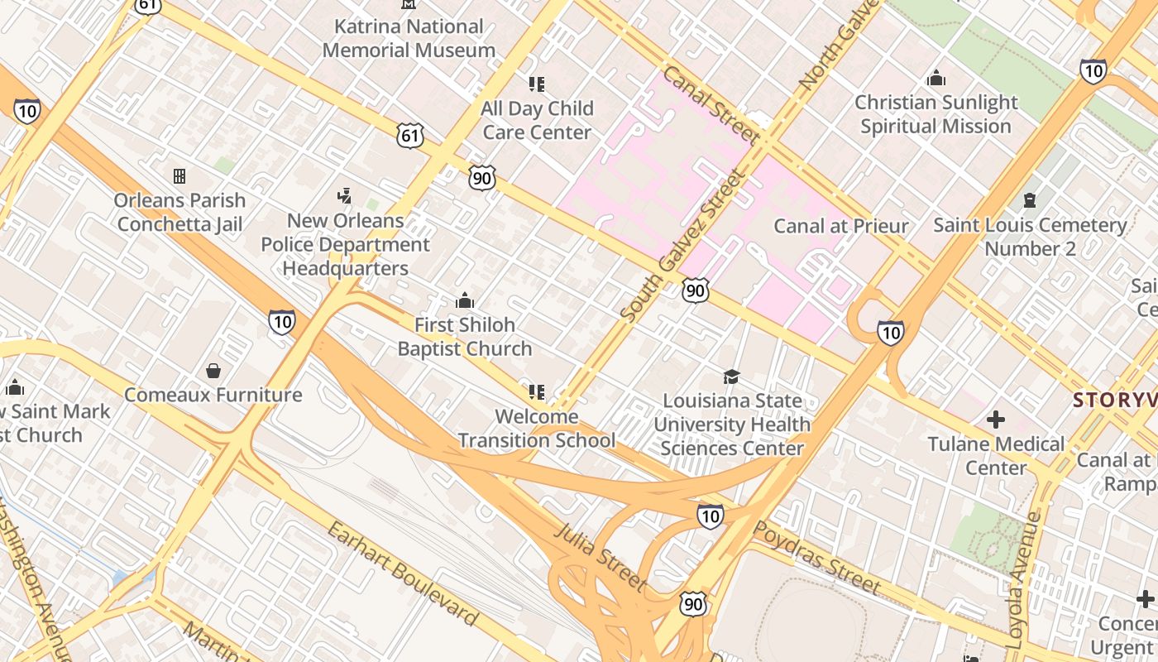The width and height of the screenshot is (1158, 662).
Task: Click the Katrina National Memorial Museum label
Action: [x=409, y=38]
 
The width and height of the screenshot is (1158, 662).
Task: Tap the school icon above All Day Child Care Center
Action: [x=537, y=84]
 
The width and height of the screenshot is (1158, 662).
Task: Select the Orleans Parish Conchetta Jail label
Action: [x=179, y=213]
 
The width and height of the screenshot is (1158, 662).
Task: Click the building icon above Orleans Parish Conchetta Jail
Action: [x=179, y=176]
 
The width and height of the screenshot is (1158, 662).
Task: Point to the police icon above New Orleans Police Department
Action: [x=345, y=196]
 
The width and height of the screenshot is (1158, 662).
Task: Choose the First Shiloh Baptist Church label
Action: [x=465, y=337]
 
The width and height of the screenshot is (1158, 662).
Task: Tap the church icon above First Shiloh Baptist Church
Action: [x=465, y=300]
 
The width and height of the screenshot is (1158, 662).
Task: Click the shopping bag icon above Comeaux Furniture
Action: [x=213, y=371]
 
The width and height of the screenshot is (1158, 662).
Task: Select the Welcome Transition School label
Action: [x=537, y=428]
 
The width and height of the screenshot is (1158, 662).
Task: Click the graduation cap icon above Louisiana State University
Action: [x=731, y=377]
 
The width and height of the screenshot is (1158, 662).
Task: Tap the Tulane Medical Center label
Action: [x=996, y=456]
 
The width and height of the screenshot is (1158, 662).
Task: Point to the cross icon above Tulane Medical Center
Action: [x=996, y=420]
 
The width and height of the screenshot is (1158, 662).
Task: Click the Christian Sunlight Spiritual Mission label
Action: [x=935, y=114]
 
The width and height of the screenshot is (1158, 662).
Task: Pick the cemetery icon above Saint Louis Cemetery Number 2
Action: [x=1030, y=200]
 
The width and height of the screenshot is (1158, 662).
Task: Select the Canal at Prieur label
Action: [x=840, y=226]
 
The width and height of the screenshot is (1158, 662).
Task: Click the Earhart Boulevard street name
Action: [x=403, y=573]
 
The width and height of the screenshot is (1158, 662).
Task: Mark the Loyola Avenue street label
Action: [x=1023, y=579]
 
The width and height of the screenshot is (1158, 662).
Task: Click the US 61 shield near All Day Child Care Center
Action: [x=410, y=135]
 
